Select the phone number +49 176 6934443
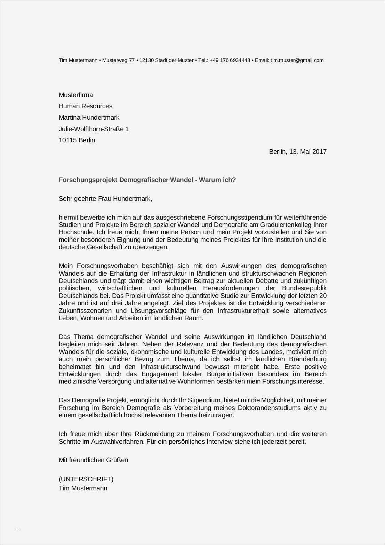coord(230,60)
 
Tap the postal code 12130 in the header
coord(146,60)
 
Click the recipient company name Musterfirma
coord(76,95)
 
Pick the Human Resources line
coord(86,106)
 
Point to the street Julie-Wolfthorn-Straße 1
coord(94,129)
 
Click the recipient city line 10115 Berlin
coord(77,140)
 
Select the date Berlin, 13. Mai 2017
coord(298,152)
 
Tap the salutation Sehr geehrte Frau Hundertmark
coord(105,199)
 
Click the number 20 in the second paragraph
coord(323,296)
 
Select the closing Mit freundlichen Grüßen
coord(93,460)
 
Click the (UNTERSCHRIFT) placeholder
coord(86,479)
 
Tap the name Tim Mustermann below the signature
coord(83,488)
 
